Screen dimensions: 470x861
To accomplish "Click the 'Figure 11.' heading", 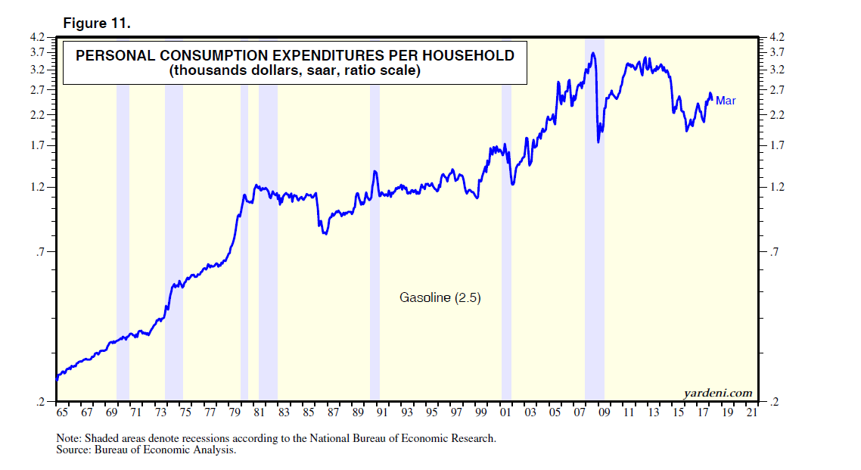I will tap(97, 23).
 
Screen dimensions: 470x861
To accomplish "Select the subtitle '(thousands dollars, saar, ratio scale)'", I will tap(295, 71).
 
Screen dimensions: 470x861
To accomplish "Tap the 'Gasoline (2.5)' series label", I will tap(440, 298).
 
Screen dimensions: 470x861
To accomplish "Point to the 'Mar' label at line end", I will tap(726, 100).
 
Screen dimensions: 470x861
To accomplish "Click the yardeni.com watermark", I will tap(717, 392).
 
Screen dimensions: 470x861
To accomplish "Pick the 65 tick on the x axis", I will tap(62, 413).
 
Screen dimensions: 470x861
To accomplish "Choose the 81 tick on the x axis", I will tap(259, 413).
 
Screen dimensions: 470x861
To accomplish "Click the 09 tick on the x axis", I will tap(604, 413).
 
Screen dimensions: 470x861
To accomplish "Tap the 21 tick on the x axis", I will tap(751, 413).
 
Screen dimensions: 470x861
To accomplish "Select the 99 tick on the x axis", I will tap(480, 413).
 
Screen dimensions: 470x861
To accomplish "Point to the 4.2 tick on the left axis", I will tap(38, 36).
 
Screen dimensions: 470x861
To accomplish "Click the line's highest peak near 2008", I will tap(594, 53).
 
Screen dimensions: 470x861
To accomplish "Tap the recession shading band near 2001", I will tap(506, 227).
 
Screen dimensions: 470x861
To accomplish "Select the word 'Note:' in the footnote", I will tap(69, 438).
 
